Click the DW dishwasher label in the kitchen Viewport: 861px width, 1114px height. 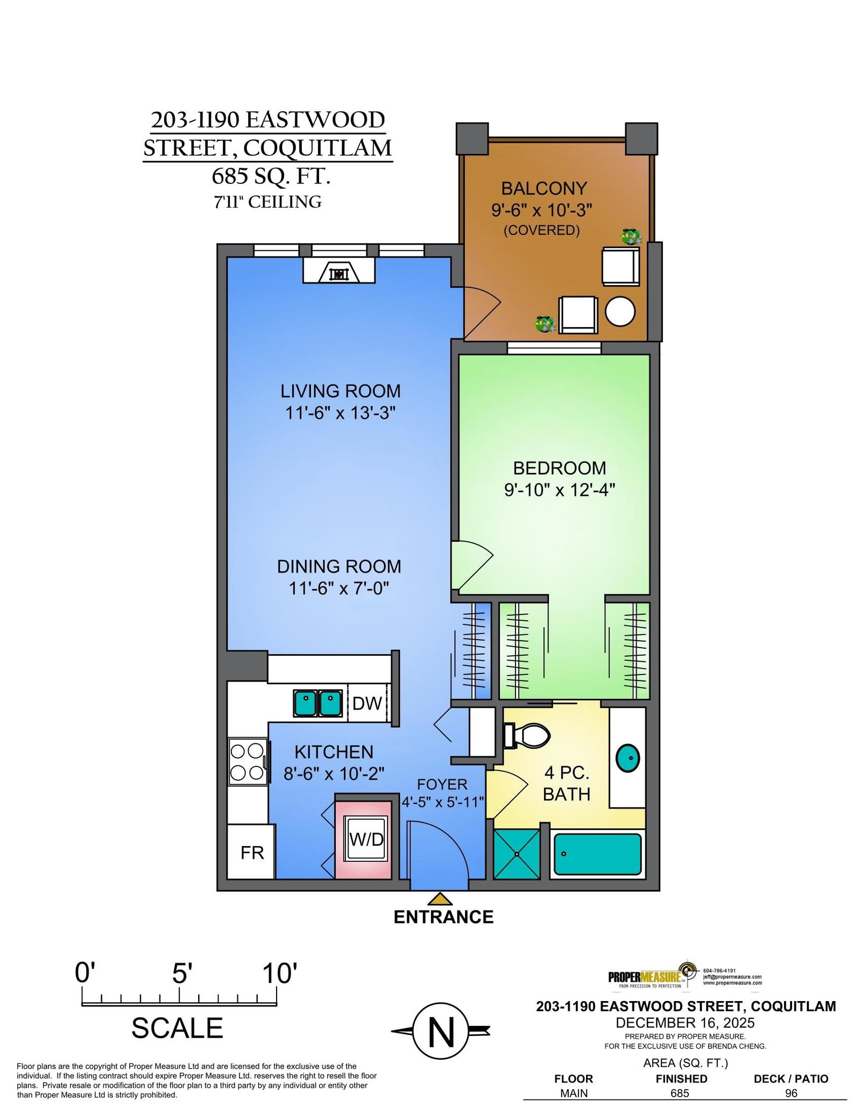tap(366, 703)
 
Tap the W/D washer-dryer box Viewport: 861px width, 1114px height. tap(366, 839)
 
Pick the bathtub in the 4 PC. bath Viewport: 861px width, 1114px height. tap(597, 854)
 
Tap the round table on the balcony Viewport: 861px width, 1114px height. tap(620, 311)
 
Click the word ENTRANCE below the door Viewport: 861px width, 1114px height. tap(443, 917)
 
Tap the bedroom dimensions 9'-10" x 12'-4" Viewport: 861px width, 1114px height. tap(560, 490)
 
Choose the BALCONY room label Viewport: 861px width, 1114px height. tap(544, 188)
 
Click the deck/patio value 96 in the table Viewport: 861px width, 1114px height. tap(791, 1093)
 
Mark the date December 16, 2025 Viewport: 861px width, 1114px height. tap(685, 1023)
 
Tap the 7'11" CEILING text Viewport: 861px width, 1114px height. tap(268, 202)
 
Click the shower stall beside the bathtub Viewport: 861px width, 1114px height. tap(517, 854)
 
